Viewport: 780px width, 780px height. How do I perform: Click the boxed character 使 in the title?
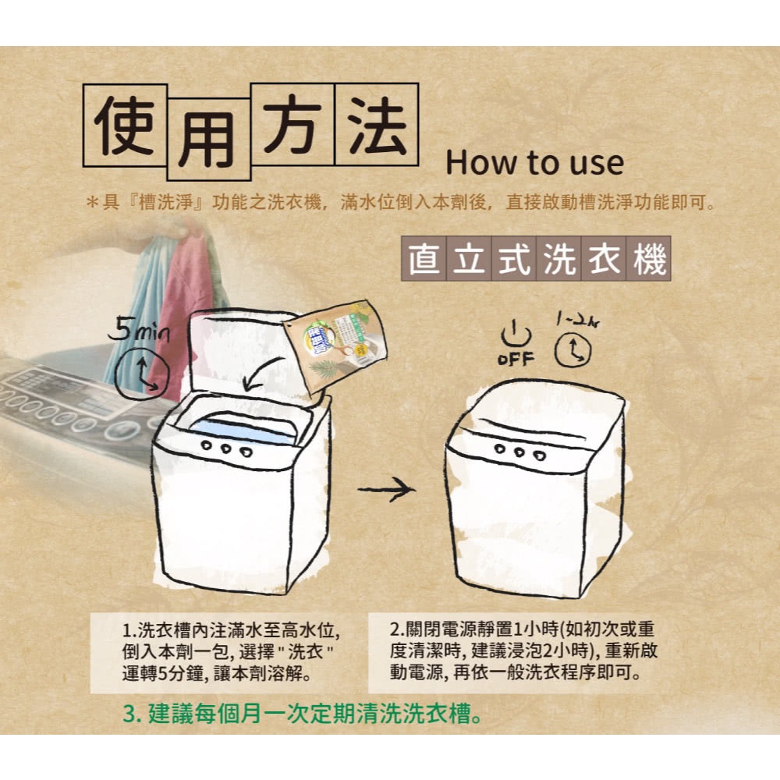[x=124, y=125]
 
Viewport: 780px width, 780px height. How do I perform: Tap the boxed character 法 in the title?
[x=377, y=124]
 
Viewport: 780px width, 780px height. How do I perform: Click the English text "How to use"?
[x=534, y=163]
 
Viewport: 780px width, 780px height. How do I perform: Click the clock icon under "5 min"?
[x=142, y=374]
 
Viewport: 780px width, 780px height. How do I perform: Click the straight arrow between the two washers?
[x=386, y=489]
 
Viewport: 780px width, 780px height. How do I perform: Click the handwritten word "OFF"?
[x=516, y=358]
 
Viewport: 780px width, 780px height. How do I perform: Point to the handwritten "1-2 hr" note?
[x=578, y=321]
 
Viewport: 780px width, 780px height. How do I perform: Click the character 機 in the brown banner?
[x=649, y=259]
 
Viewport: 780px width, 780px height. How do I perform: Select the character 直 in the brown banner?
[x=424, y=259]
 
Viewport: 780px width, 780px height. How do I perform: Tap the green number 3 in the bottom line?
[x=129, y=714]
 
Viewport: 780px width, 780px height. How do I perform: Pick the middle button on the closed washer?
[x=519, y=452]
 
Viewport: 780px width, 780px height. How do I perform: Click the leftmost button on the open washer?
[x=207, y=445]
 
